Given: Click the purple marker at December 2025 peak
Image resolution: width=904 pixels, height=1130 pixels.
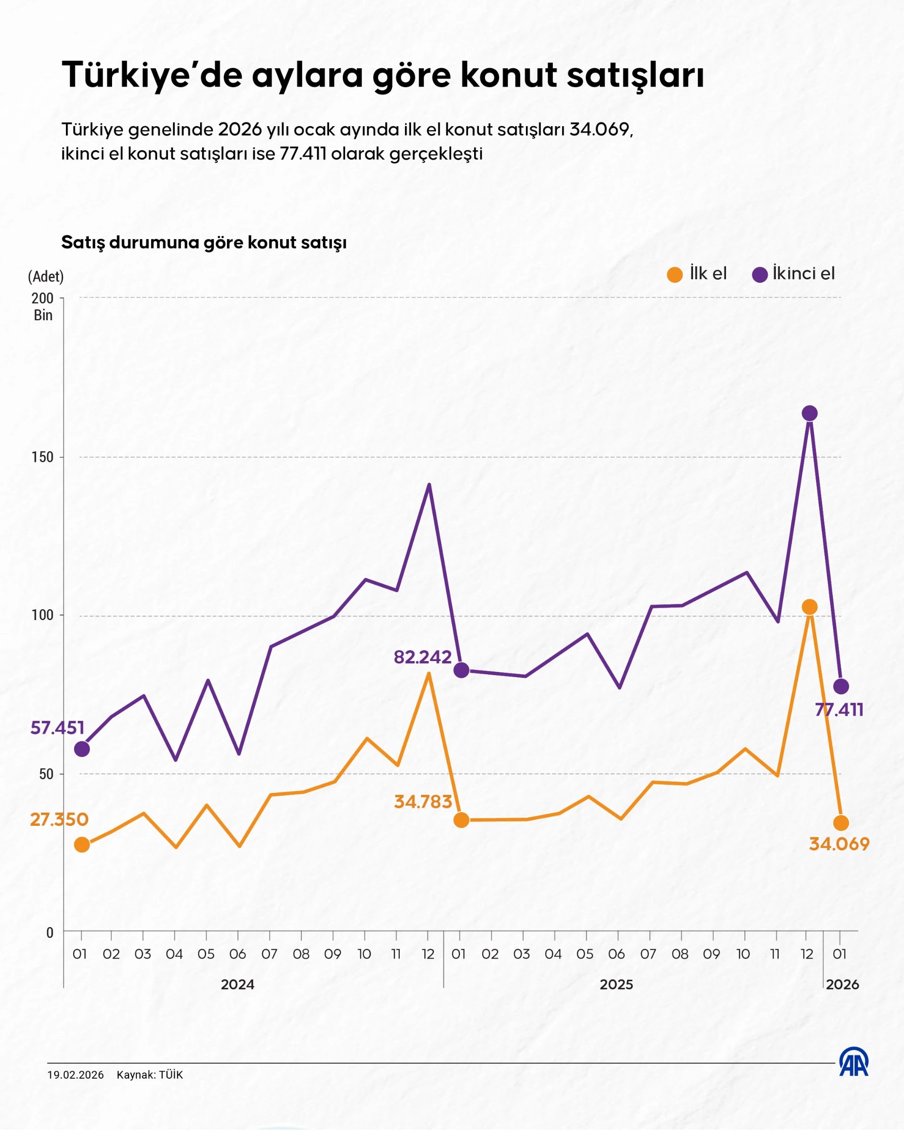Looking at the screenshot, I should [809, 413].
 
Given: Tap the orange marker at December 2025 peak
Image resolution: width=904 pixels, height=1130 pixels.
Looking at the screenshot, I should [809, 607].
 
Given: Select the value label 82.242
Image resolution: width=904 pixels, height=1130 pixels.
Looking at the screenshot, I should [422, 657].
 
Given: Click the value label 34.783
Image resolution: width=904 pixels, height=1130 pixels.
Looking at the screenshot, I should [422, 802].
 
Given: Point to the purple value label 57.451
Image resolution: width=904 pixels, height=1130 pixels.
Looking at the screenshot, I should [57, 728].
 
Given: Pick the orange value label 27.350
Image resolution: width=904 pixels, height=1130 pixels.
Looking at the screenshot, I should [59, 820].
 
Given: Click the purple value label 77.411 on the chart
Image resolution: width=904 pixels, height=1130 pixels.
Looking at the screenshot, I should [839, 710].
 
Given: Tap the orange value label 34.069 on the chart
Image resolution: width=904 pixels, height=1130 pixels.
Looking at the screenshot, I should [839, 844].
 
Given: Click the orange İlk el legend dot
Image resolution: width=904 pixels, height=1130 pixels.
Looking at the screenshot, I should [674, 274].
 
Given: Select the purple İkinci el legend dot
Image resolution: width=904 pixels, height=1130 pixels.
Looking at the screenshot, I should [759, 274].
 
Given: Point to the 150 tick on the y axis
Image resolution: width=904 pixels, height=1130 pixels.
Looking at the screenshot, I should [42, 457].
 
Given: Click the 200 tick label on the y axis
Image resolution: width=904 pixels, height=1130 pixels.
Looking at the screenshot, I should [42, 299].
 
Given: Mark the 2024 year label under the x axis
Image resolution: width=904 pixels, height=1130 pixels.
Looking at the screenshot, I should [237, 985].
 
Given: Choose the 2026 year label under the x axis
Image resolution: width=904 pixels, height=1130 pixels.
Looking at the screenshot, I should [842, 985].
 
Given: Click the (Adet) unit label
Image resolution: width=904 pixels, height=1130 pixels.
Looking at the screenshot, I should [46, 277].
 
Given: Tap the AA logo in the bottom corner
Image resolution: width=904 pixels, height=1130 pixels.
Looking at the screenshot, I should [854, 1062].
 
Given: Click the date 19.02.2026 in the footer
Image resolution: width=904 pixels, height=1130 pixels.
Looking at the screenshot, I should [75, 1075].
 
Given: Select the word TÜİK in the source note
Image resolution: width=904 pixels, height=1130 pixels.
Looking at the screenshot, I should [171, 1075].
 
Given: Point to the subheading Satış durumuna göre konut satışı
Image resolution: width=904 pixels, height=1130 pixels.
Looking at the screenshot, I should [204, 242].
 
